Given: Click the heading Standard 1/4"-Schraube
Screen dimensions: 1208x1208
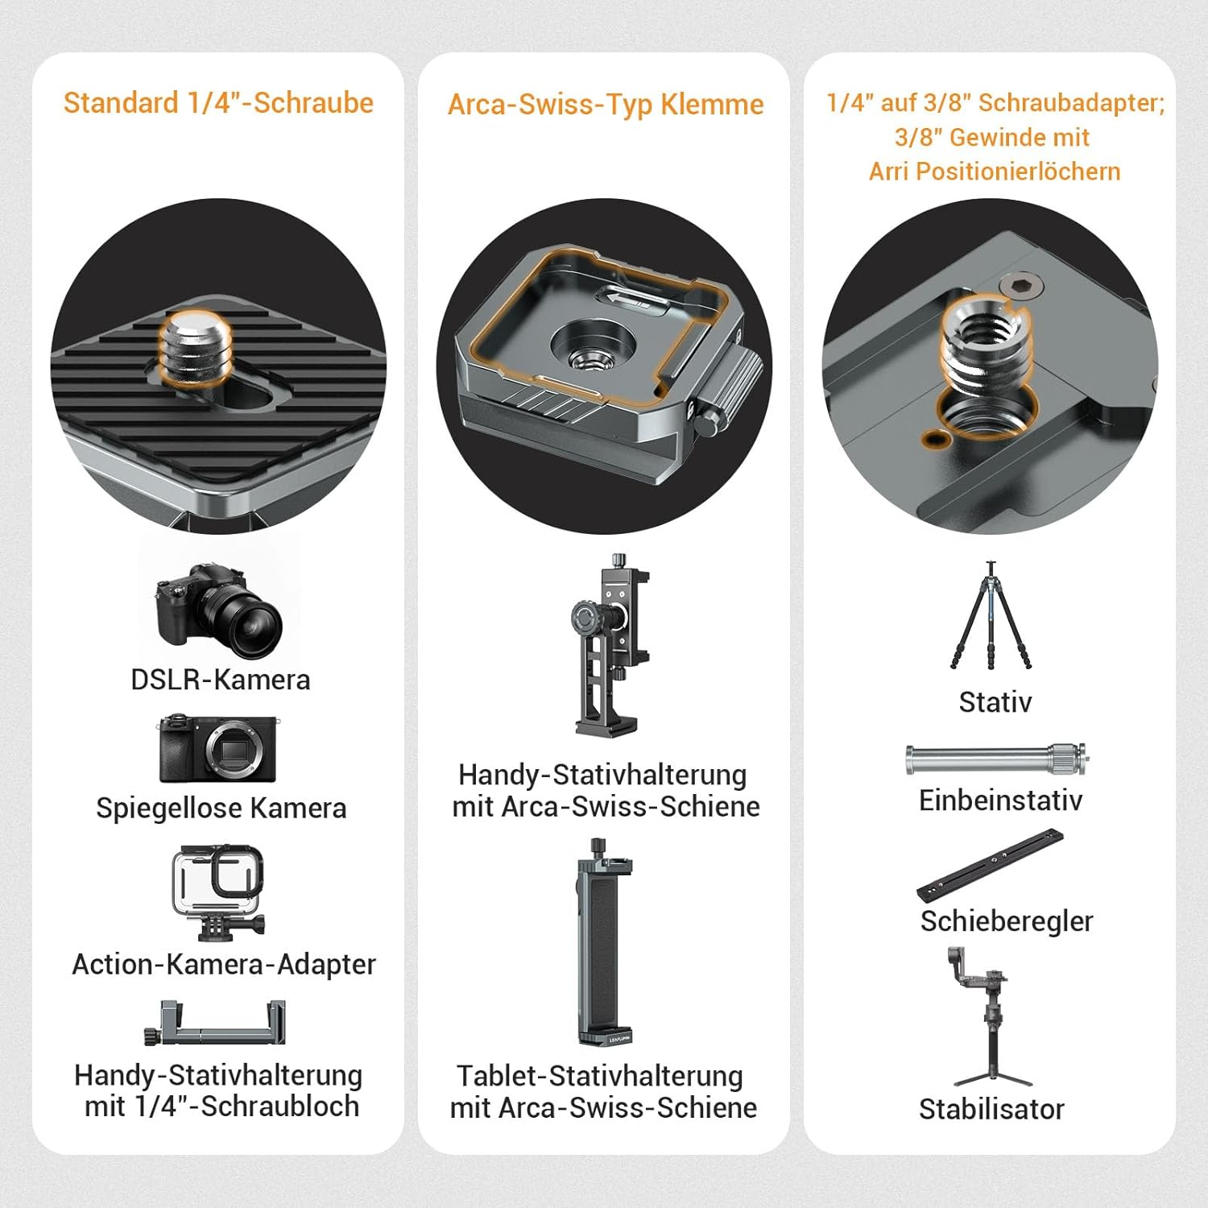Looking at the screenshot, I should [218, 103].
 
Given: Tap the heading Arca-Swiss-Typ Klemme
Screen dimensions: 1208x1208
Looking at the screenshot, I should [605, 105].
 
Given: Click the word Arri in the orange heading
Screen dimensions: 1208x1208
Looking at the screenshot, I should [888, 172].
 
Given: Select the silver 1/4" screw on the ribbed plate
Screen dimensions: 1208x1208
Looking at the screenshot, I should [195, 346].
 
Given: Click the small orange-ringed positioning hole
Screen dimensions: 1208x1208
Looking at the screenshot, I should [934, 439].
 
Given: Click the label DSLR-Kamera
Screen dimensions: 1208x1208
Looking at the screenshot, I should [220, 680].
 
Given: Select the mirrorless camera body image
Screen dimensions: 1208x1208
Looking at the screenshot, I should [217, 748].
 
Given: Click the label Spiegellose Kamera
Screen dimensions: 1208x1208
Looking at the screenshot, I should [221, 808].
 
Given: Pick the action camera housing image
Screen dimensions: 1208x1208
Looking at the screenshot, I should [217, 890].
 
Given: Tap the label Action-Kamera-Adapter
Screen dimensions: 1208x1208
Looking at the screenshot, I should [223, 964].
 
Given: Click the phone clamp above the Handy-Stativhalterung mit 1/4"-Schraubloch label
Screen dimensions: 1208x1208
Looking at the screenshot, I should [216, 1024].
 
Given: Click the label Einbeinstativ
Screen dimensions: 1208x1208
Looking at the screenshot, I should [1000, 801].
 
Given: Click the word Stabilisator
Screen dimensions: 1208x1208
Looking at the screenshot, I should [991, 1109].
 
